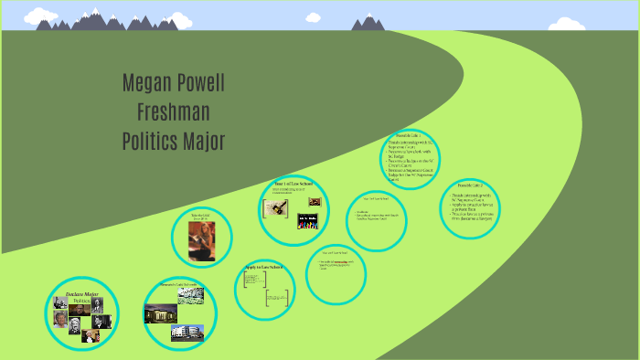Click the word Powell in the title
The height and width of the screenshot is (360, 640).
[201, 84]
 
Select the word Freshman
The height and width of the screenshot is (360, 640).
[174, 112]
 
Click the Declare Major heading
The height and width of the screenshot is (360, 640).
[81, 293]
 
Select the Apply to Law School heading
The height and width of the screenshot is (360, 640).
[263, 267]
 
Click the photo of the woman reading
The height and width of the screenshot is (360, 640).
[200, 241]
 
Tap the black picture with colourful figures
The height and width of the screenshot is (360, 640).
[307, 222]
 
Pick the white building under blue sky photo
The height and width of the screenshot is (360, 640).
[187, 332]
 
